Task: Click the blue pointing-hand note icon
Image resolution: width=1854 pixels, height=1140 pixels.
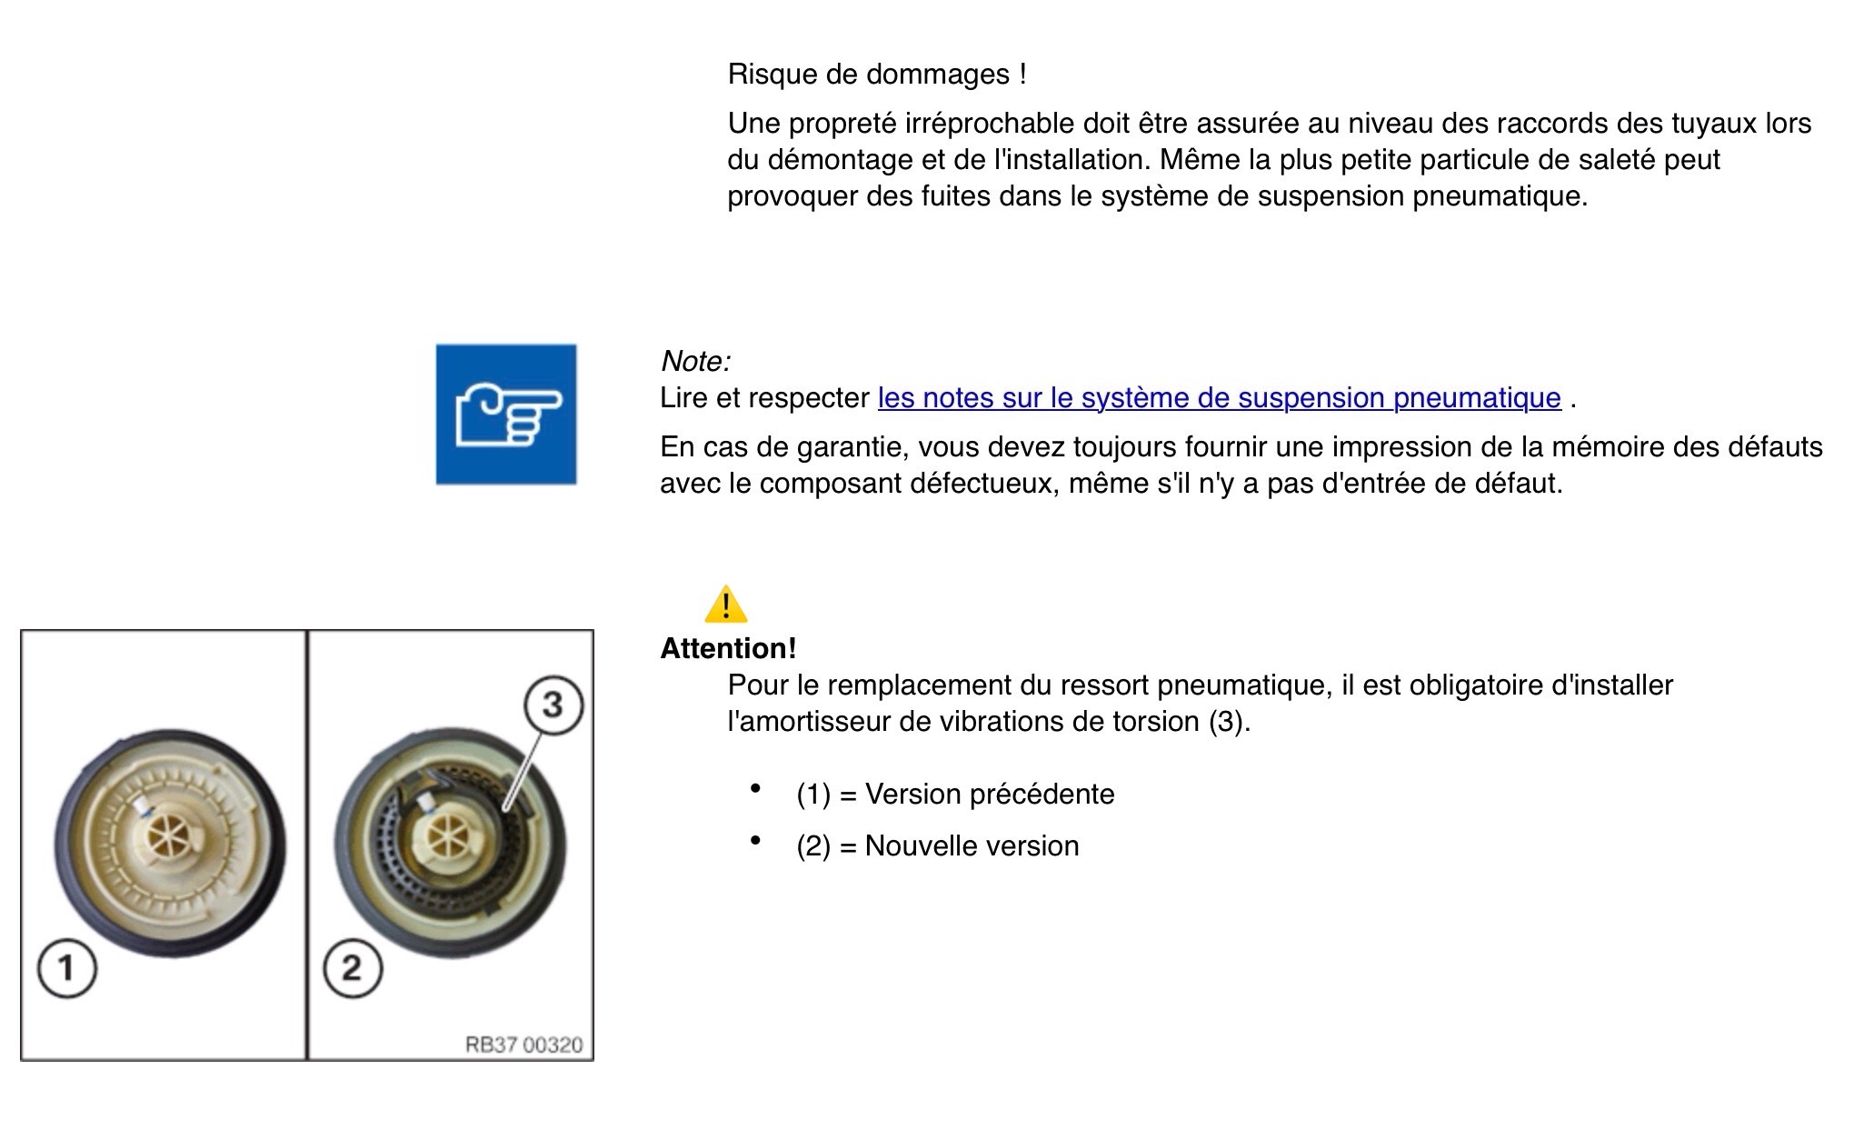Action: pyautogui.click(x=506, y=414)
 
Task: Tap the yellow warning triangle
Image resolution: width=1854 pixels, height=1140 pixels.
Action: pyautogui.click(x=725, y=605)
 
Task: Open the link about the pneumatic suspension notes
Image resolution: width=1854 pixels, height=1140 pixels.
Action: pyautogui.click(x=1219, y=398)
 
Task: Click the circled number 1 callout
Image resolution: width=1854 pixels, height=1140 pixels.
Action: pyautogui.click(x=66, y=968)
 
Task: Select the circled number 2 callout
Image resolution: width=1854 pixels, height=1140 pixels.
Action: pyautogui.click(x=353, y=968)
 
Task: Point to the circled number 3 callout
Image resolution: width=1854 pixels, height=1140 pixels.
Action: pyautogui.click(x=553, y=705)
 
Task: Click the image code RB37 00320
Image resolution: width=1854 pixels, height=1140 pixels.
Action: pyautogui.click(x=523, y=1045)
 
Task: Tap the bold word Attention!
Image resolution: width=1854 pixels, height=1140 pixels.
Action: pyautogui.click(x=728, y=648)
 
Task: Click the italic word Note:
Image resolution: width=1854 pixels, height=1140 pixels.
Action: pyautogui.click(x=695, y=361)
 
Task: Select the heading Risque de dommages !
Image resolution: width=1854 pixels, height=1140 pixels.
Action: pyautogui.click(x=877, y=75)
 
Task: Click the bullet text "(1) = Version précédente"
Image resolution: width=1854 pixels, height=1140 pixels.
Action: pyautogui.click(x=955, y=794)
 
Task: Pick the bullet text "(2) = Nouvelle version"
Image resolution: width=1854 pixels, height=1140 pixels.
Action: pyautogui.click(x=937, y=845)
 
